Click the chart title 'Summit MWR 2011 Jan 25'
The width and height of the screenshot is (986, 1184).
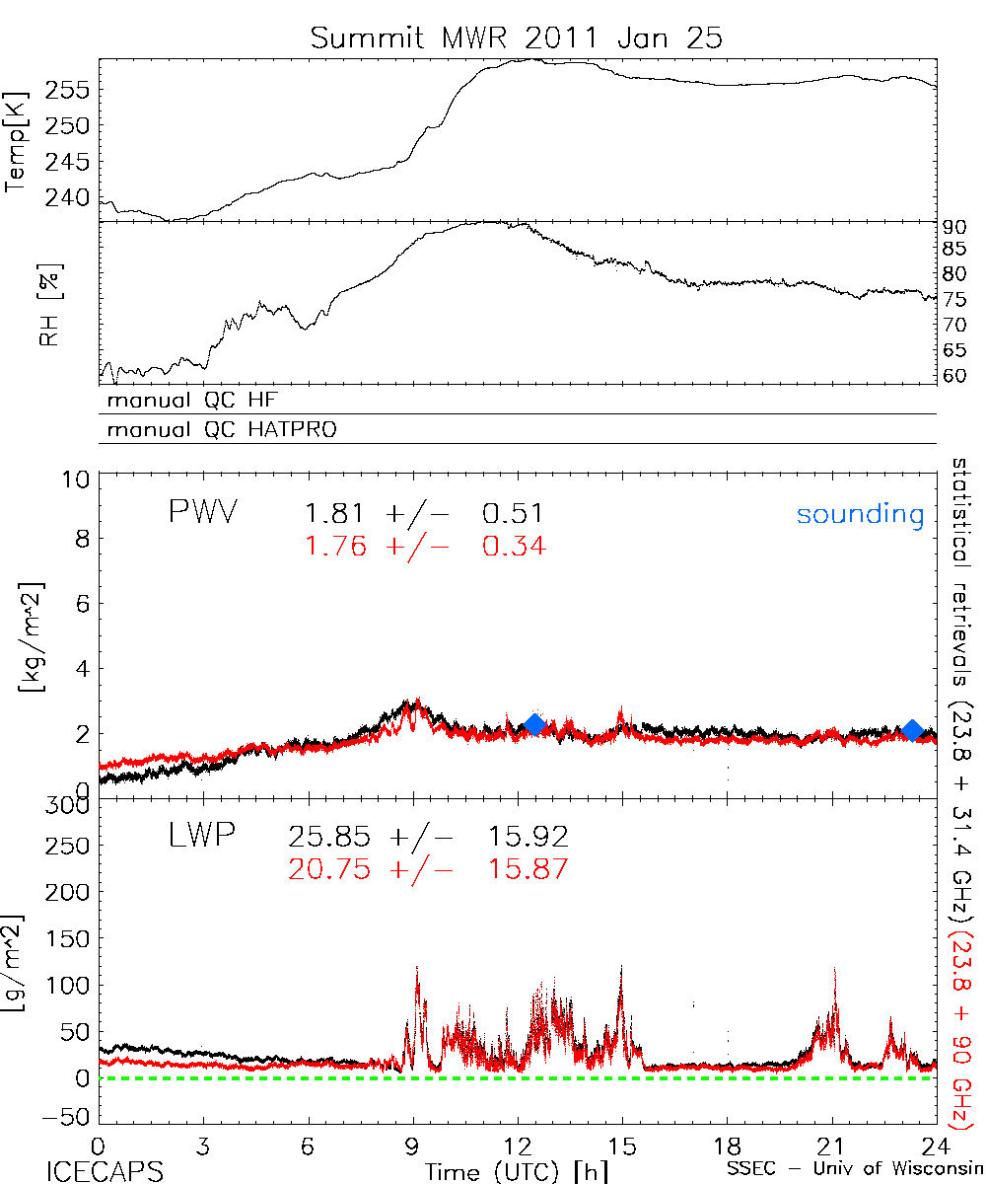pos(517,38)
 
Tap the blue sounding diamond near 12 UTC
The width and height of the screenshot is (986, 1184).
pos(534,725)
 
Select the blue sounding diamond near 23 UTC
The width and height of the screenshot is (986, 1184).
pos(913,730)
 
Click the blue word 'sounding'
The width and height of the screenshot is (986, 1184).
pos(860,514)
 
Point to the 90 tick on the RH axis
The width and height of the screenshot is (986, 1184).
pos(956,227)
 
